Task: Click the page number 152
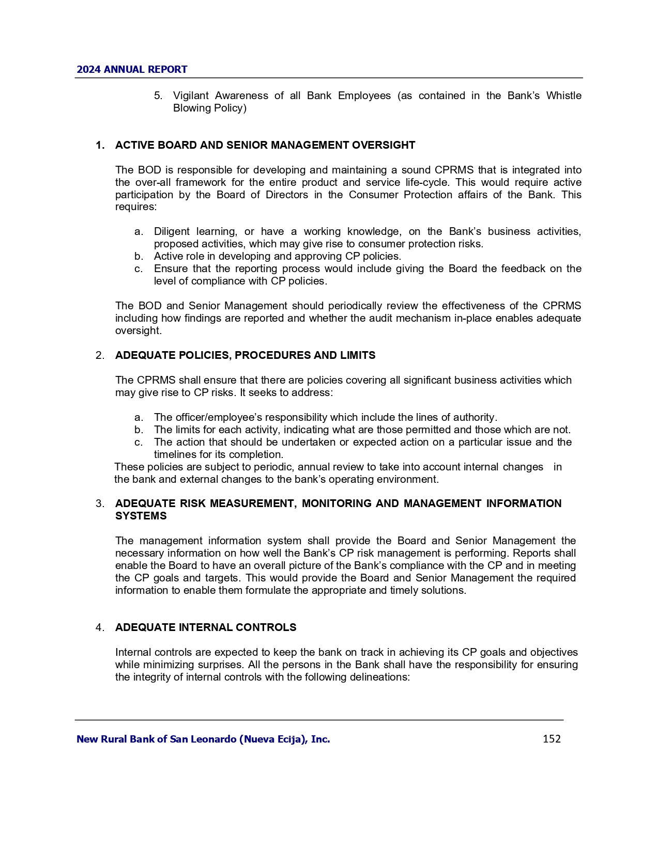click(551, 739)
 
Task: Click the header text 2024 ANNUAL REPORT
click(132, 70)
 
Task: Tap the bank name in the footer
click(203, 739)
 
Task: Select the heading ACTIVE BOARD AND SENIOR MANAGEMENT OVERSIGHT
click(265, 146)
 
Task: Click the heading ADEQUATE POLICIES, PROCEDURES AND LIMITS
click(245, 356)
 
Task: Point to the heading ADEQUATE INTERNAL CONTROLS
click(206, 627)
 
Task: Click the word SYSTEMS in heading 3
click(141, 516)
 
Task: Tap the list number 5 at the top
click(158, 96)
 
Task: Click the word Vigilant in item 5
click(191, 96)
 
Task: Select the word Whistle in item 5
click(564, 96)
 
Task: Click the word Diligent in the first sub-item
click(171, 232)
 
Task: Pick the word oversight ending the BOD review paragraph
click(138, 331)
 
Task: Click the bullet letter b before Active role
click(139, 257)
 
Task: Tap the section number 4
click(100, 627)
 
